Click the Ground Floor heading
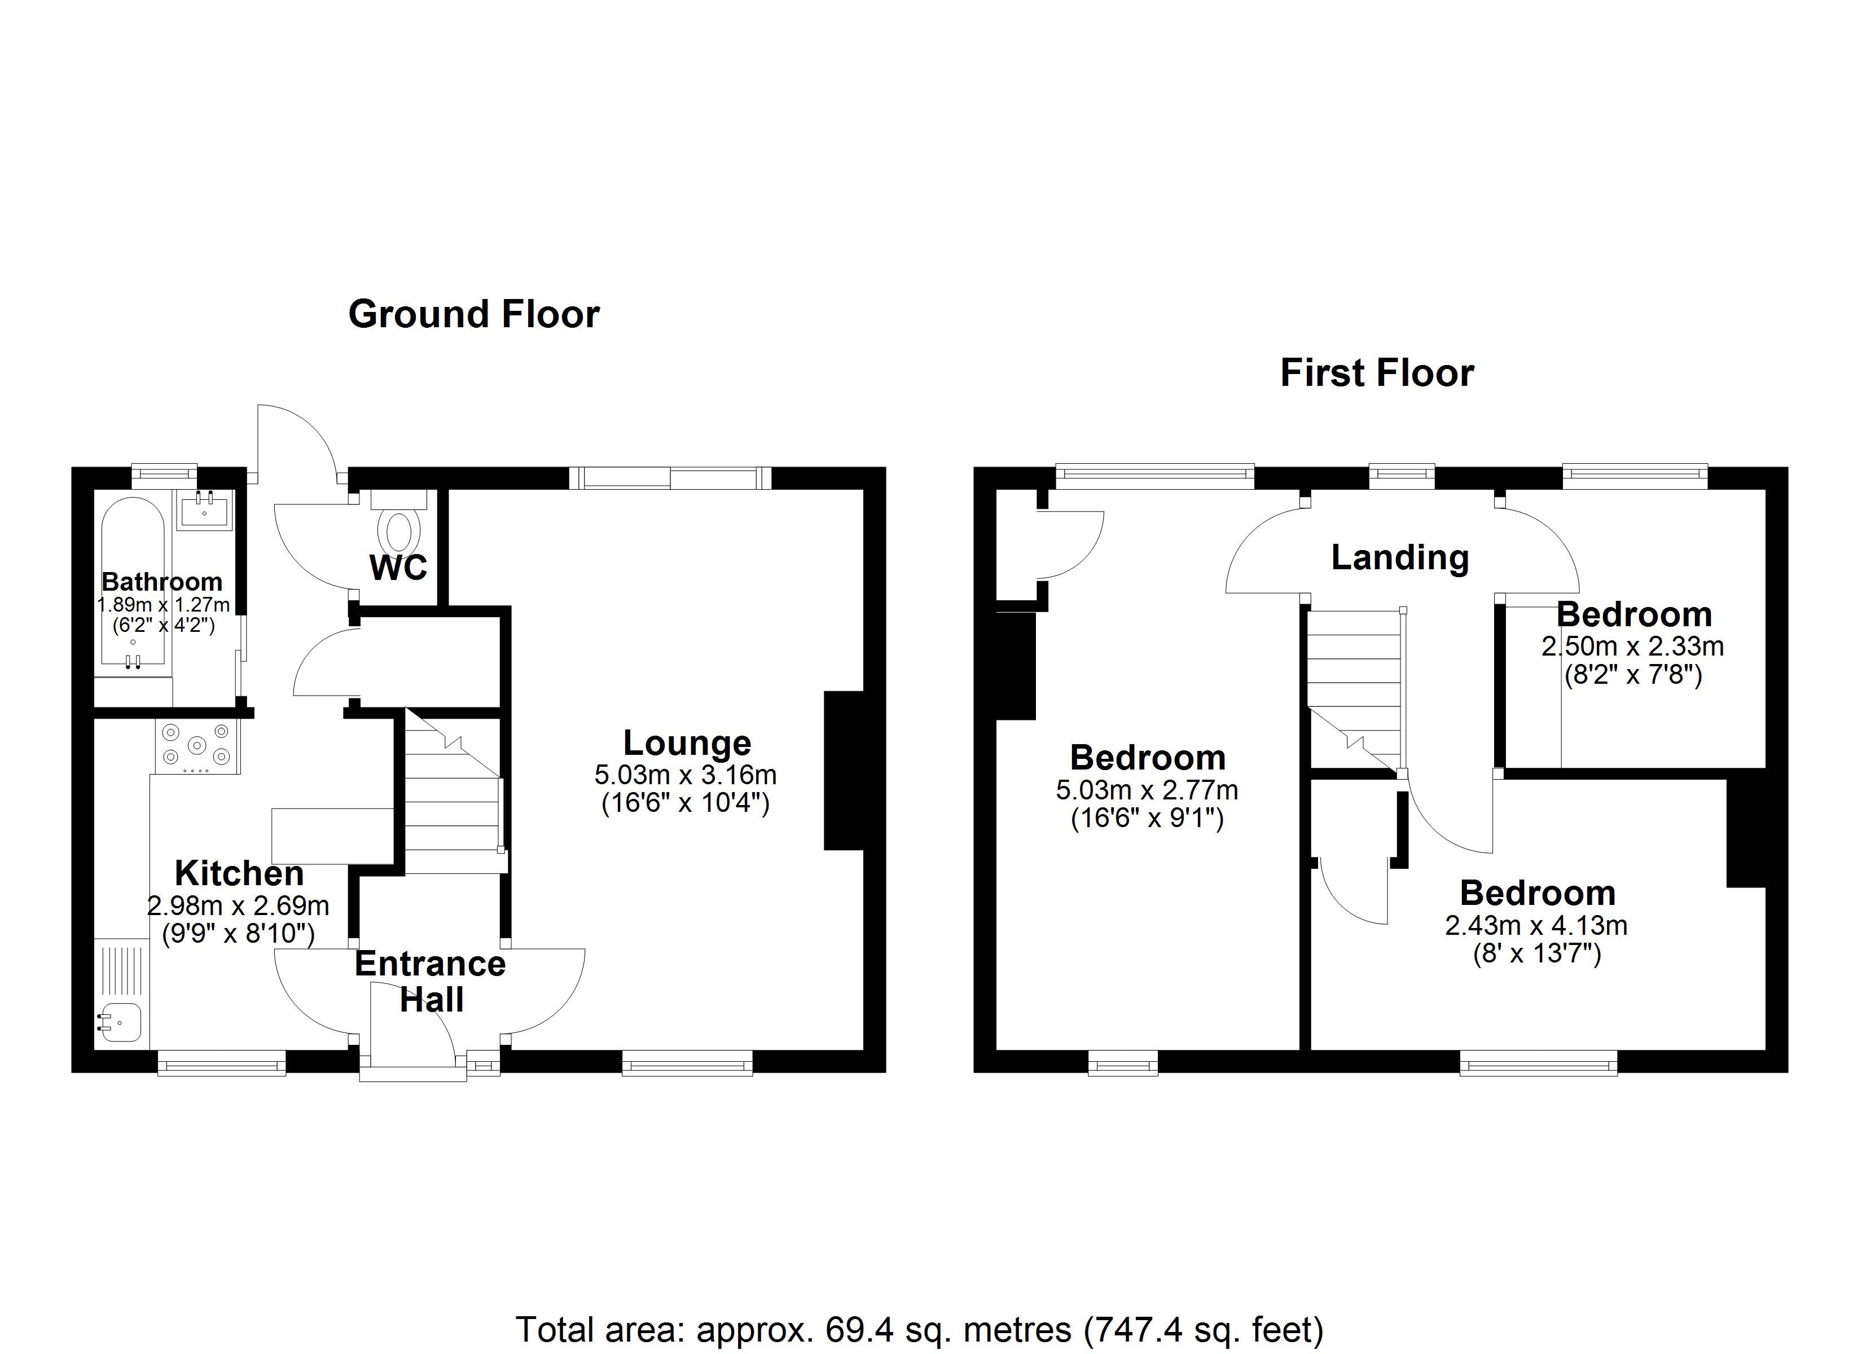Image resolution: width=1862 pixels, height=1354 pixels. pos(474,314)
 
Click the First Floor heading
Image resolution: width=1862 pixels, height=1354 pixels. pos(1377,373)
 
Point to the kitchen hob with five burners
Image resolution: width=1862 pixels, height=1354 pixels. pos(196,746)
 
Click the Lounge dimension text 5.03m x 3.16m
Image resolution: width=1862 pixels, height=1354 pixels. pos(686,774)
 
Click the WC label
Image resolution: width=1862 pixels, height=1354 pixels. pos(398,568)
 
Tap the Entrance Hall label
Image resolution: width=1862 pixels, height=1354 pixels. pos(430,981)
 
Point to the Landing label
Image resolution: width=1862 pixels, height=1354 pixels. pos(1400,557)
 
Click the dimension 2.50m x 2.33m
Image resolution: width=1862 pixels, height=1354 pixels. pos(1632,646)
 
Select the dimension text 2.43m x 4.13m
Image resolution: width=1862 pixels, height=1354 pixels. pos(1536,925)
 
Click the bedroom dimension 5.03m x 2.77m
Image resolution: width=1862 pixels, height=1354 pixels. pos(1147,790)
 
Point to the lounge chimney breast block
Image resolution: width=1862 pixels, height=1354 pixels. pos(844,770)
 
